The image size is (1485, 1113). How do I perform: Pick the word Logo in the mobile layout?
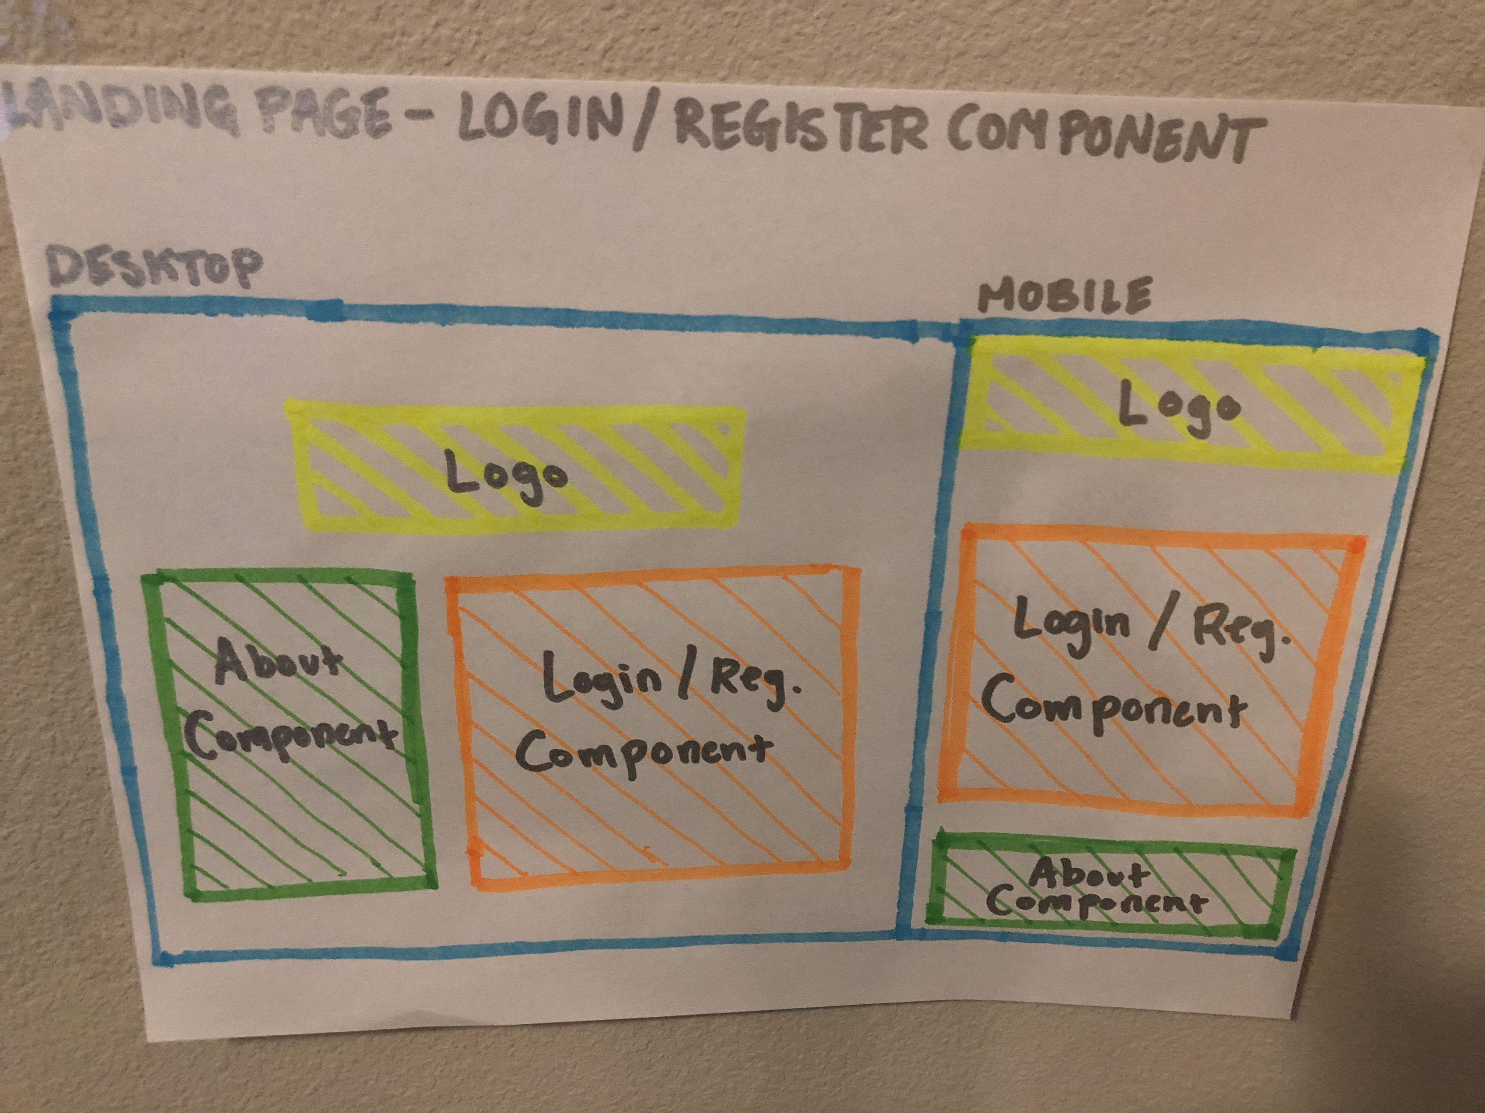pyautogui.click(x=1178, y=406)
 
